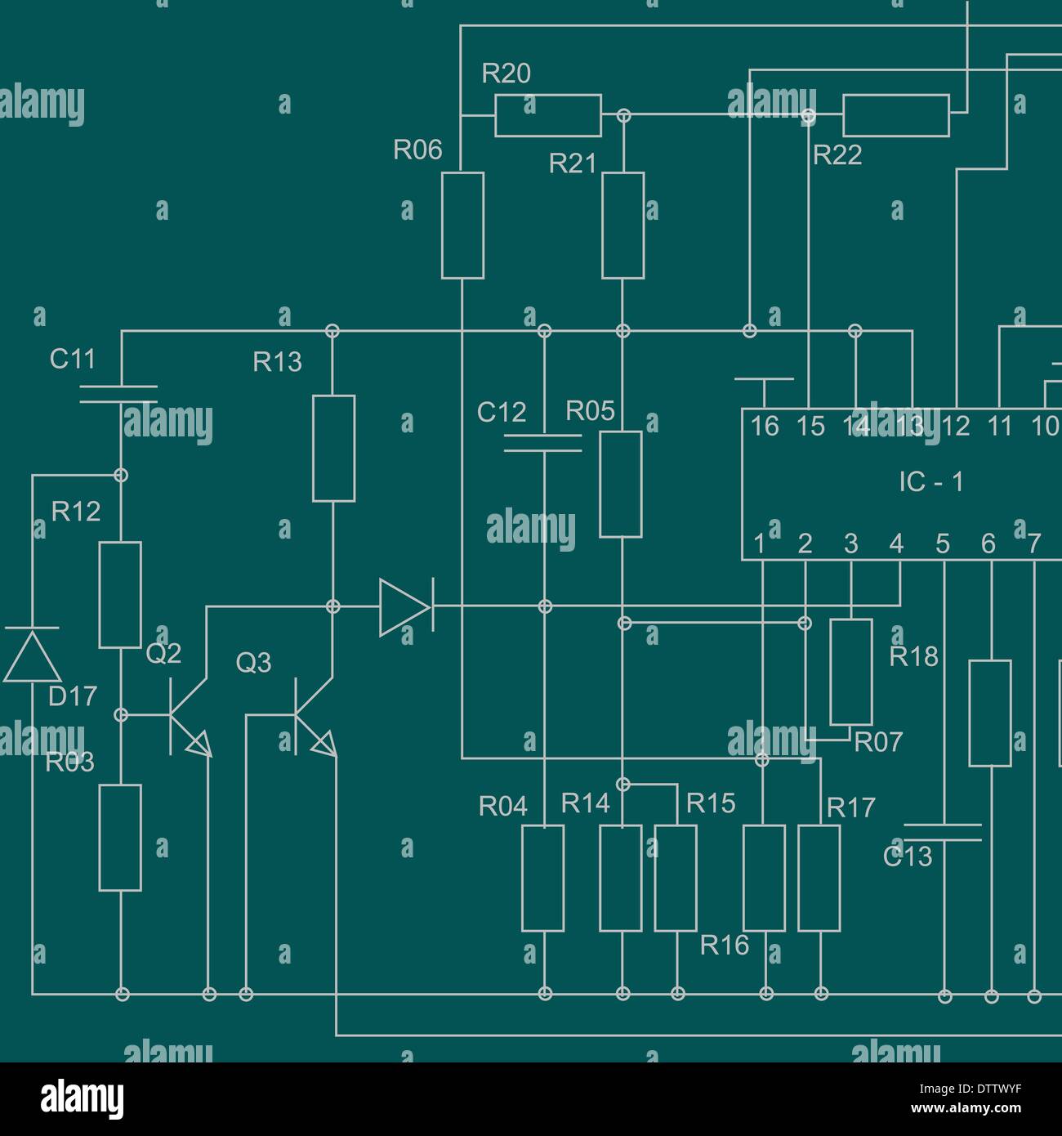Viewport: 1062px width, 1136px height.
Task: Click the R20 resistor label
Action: (506, 74)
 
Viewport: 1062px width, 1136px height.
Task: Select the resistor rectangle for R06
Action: (462, 225)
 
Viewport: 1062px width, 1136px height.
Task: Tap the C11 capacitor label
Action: (72, 359)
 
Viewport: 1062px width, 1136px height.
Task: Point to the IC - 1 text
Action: (930, 482)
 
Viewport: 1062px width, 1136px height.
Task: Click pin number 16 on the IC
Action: (765, 427)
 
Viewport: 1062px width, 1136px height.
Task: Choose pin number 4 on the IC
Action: (896, 543)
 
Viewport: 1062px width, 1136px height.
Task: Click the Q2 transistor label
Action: (163, 654)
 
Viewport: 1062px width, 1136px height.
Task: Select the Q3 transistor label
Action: (253, 663)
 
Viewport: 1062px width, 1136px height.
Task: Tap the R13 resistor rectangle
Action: (333, 448)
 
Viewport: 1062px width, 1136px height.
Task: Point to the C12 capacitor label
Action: (501, 413)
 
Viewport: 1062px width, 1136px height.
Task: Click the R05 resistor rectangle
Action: (621, 485)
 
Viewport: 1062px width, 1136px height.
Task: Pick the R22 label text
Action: (837, 155)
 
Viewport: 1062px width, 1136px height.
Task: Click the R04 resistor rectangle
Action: (542, 878)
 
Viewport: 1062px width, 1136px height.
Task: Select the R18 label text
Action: (913, 657)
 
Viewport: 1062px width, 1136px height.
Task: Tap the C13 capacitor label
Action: (908, 857)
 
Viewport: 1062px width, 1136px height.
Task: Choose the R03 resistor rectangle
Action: (120, 837)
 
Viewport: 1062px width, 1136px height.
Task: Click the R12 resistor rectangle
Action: (120, 595)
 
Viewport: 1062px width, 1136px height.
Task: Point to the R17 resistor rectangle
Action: (819, 878)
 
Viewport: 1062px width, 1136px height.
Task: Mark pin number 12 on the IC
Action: (955, 427)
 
